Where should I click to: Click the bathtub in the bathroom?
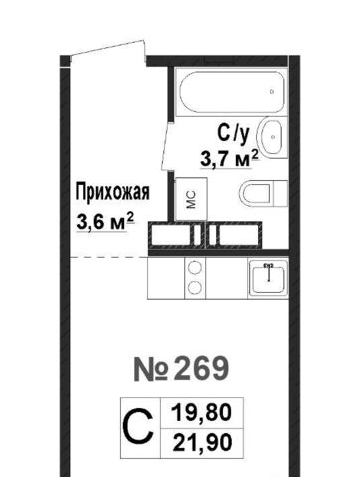[232, 91]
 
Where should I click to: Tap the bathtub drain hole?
[272, 91]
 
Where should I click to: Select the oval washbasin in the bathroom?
[272, 136]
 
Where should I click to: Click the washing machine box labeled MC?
[191, 199]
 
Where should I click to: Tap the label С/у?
[233, 134]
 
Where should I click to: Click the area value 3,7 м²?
[229, 159]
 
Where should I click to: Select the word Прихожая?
[112, 193]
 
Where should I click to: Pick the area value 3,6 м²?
[104, 221]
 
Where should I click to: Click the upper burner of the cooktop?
[195, 268]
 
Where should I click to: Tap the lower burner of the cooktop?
[195, 287]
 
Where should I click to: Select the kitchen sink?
[268, 277]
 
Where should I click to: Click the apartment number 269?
[201, 369]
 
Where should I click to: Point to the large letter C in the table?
[139, 428]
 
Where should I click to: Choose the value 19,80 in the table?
[201, 413]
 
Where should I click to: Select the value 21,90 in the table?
[202, 443]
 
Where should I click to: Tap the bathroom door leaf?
[166, 147]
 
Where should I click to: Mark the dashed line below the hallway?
[108, 257]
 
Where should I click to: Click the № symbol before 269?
[150, 369]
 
